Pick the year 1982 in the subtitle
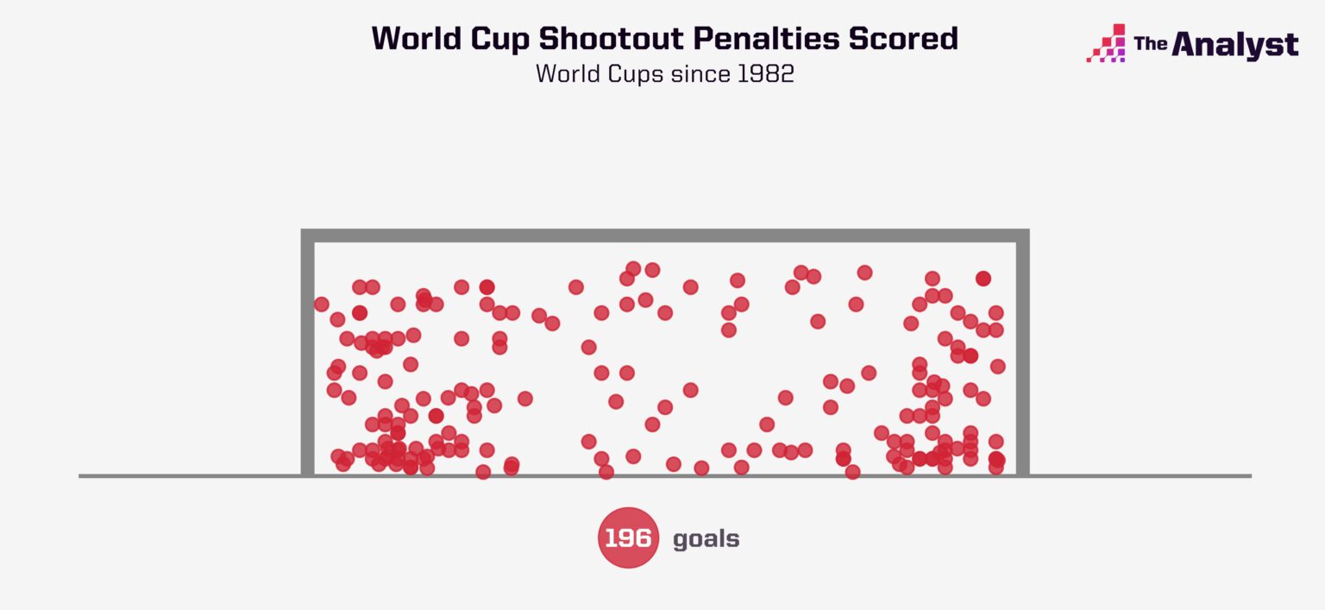(x=765, y=74)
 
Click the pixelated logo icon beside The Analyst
(x=1107, y=43)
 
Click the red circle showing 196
(x=628, y=538)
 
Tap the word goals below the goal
(x=706, y=539)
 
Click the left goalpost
(x=307, y=354)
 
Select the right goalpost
(x=1023, y=354)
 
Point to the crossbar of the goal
(x=664, y=236)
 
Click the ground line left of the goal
(x=190, y=475)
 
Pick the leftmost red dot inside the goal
(x=322, y=304)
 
